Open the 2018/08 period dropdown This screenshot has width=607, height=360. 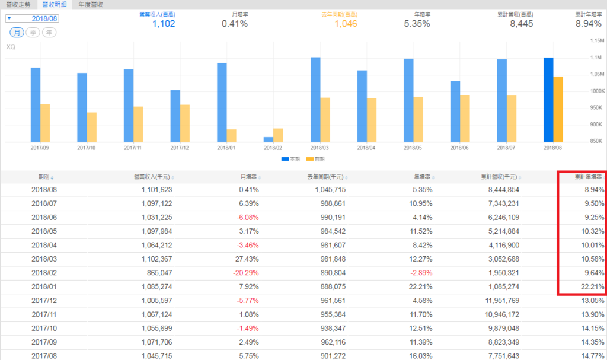pyautogui.click(x=33, y=18)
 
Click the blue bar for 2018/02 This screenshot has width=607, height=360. pyautogui.click(x=269, y=139)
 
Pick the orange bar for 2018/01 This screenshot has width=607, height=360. pyautogui.click(x=231, y=135)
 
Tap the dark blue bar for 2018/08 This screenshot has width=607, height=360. pyautogui.click(x=548, y=100)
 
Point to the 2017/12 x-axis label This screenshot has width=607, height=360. pyautogui.click(x=180, y=148)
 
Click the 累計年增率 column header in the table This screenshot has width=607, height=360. pyautogui.click(x=588, y=177)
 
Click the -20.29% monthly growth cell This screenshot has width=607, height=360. pyautogui.click(x=244, y=273)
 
